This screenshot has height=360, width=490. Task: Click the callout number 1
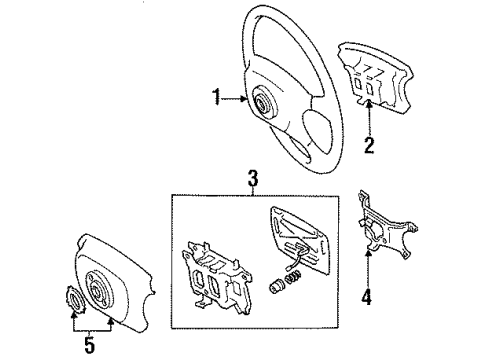(x=216, y=98)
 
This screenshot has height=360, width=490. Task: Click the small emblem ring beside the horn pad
(x=75, y=300)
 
